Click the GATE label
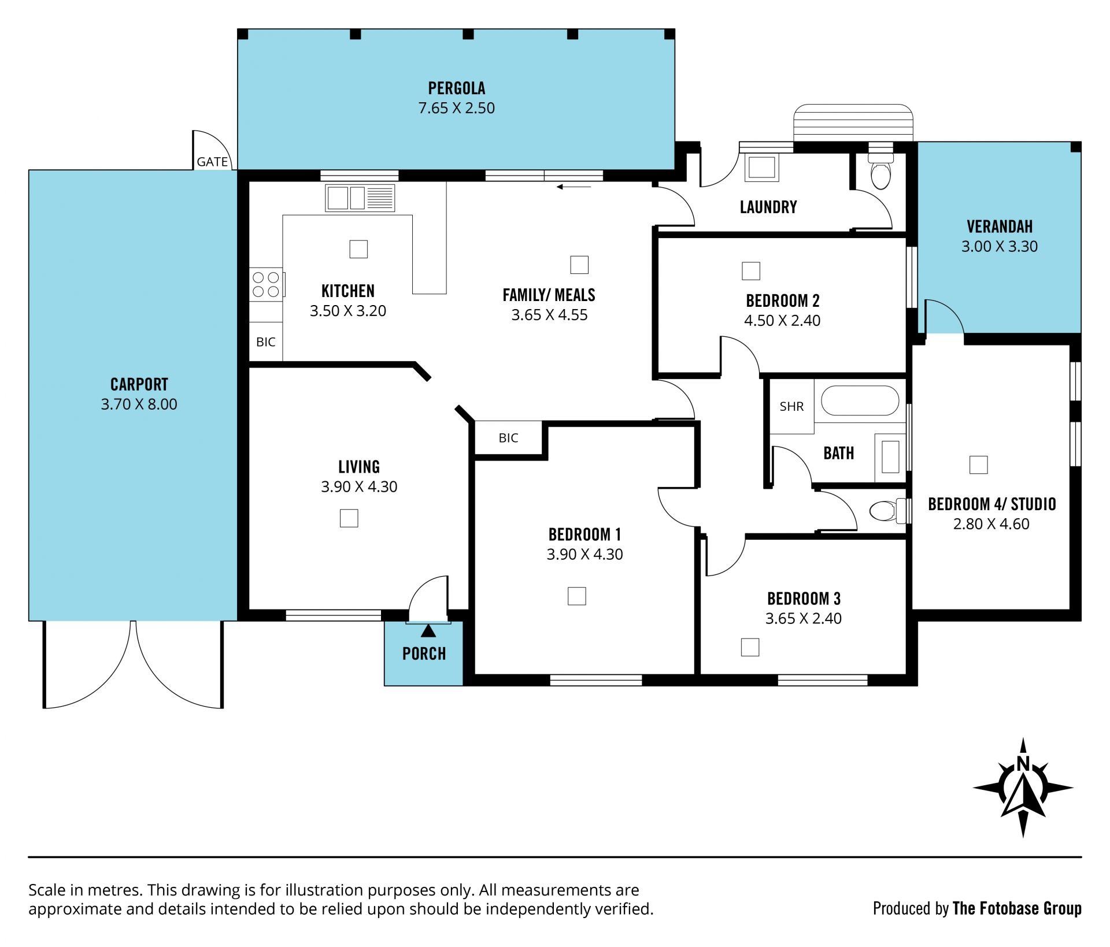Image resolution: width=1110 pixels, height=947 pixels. pyautogui.click(x=212, y=162)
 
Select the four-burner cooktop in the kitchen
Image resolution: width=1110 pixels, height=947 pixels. pyautogui.click(x=266, y=284)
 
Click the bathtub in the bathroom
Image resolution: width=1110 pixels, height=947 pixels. pyautogui.click(x=860, y=400)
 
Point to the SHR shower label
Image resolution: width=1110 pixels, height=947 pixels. pyautogui.click(x=791, y=406)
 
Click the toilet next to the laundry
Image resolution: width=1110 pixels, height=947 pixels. pyautogui.click(x=880, y=171)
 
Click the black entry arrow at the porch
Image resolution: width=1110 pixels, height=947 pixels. pyautogui.click(x=428, y=630)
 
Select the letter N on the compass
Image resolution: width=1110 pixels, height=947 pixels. pyautogui.click(x=1023, y=763)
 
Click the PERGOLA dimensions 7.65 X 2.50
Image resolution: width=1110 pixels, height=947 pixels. pyautogui.click(x=457, y=108)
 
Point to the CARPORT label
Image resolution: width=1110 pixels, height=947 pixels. pyautogui.click(x=139, y=384)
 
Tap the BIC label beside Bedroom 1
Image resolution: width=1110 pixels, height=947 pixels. pyautogui.click(x=509, y=438)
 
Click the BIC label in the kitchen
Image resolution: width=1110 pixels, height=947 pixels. pyautogui.click(x=266, y=342)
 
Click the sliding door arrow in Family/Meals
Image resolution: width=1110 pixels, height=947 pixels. pyautogui.click(x=574, y=187)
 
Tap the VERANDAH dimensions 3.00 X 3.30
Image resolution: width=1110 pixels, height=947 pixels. pyautogui.click(x=1000, y=246)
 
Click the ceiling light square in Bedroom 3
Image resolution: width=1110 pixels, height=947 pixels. pyautogui.click(x=750, y=647)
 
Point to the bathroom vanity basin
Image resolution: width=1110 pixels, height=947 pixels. pyautogui.click(x=890, y=457)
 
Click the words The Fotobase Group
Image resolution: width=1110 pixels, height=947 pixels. pyautogui.click(x=1017, y=909)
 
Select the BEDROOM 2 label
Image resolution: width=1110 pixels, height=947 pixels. pyautogui.click(x=783, y=300)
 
